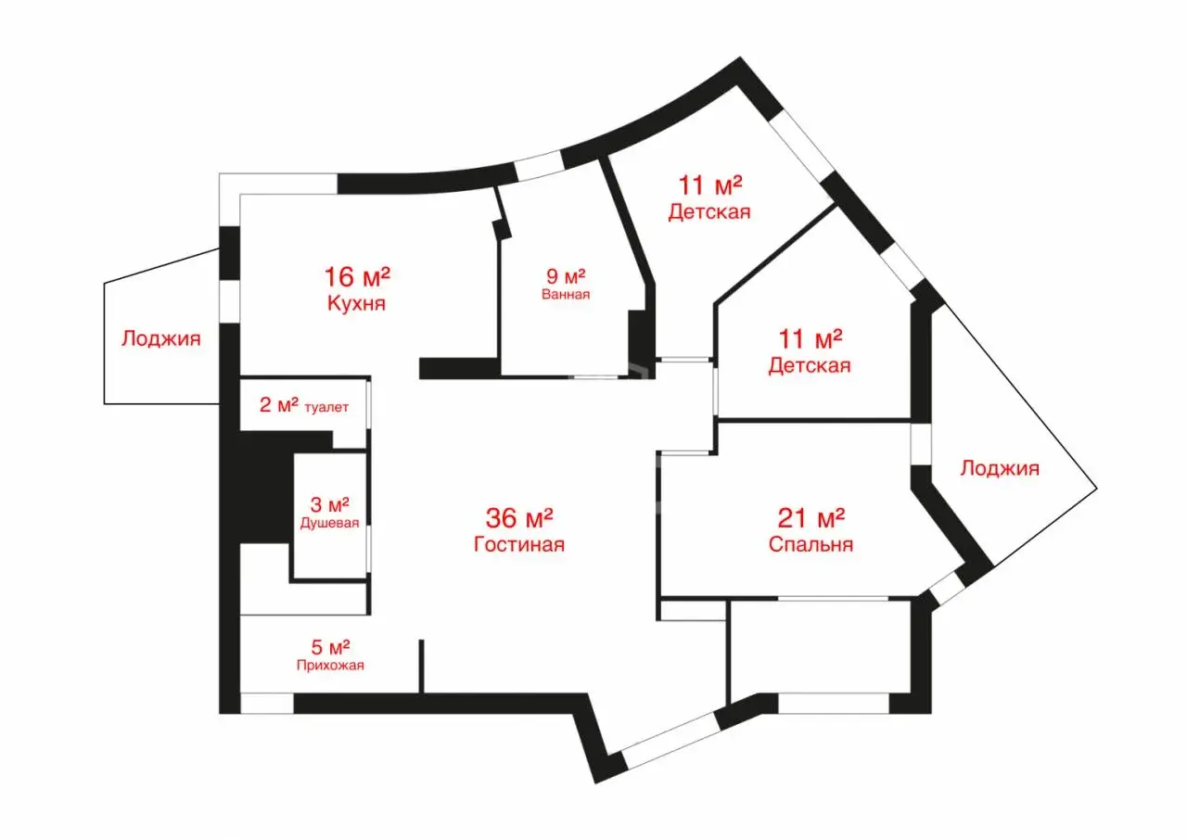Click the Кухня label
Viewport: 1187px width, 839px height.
click(356, 303)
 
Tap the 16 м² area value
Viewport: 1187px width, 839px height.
click(357, 276)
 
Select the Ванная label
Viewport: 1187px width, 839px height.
click(566, 294)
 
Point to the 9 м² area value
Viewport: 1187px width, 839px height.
click(566, 276)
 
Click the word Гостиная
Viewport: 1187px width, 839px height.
click(518, 544)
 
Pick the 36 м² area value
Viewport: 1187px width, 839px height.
click(519, 518)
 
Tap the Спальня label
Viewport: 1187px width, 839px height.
click(810, 544)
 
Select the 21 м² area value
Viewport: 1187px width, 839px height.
click(810, 518)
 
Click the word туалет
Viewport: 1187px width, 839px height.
click(326, 407)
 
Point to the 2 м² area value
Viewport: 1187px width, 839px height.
click(279, 405)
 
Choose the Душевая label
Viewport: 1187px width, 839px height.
click(329, 523)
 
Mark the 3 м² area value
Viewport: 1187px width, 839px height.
click(329, 504)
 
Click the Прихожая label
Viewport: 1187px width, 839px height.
click(330, 666)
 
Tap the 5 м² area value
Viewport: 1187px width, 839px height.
click(330, 647)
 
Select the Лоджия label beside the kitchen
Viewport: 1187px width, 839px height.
click(161, 338)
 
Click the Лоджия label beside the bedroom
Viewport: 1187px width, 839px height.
click(1000, 468)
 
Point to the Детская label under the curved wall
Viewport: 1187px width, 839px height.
click(709, 212)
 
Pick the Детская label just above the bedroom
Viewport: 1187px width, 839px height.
click(810, 365)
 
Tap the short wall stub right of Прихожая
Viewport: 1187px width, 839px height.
click(421, 667)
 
